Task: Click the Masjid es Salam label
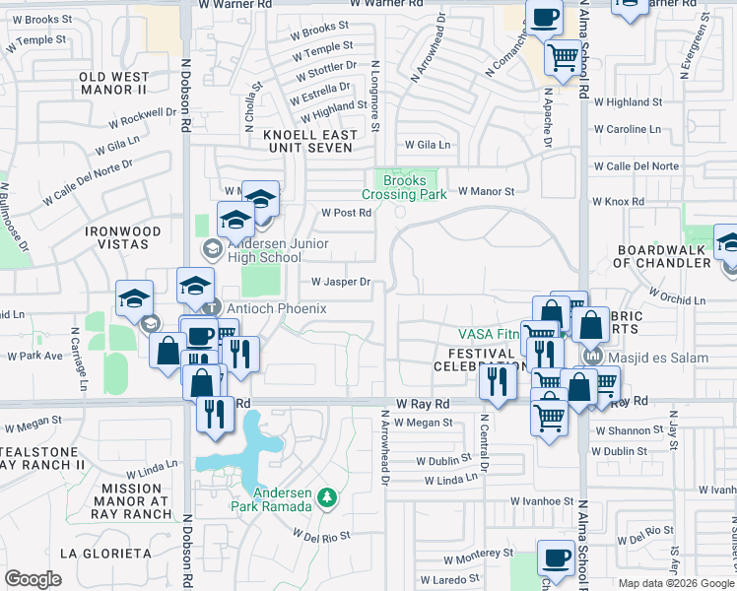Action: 658,357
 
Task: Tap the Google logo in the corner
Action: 33,578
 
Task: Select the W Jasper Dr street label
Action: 340,282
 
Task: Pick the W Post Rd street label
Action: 346,213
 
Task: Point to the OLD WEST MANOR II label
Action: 113,83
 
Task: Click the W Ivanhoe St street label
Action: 541,501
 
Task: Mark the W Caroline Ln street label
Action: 626,129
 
